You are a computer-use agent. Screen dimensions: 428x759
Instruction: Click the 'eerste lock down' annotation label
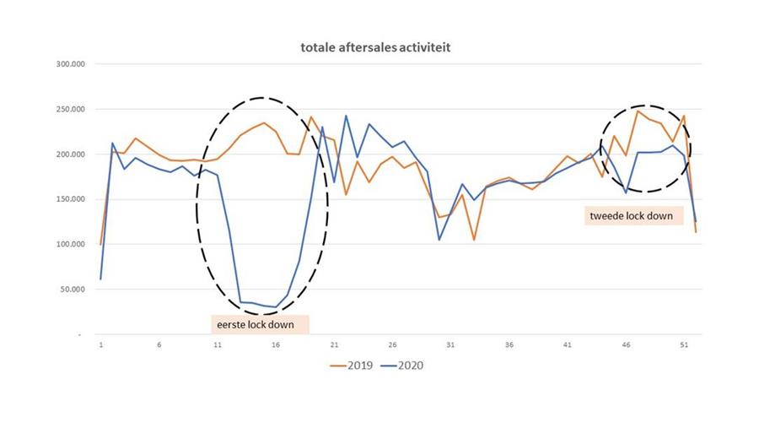point(259,323)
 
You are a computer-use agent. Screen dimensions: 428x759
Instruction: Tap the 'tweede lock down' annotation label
point(632,216)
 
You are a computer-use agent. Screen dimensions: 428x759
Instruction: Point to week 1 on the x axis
point(100,345)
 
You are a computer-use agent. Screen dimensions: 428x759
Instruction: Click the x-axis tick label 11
point(218,345)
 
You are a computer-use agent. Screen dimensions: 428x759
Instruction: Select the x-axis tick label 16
point(276,345)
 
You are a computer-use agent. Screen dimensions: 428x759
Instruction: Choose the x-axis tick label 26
point(393,345)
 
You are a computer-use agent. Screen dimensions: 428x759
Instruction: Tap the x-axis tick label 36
point(509,345)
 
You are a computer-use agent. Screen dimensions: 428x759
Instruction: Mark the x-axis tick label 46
point(627,345)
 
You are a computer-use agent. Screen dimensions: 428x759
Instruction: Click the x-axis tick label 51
point(684,345)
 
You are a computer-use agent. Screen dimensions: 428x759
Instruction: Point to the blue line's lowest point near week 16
point(276,307)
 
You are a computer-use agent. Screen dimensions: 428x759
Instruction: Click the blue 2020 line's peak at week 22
point(346,116)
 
